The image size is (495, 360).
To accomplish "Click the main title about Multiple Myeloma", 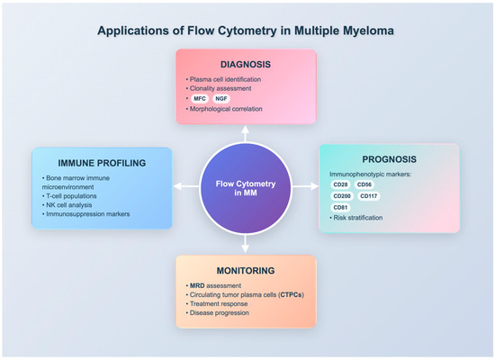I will pos(247,31).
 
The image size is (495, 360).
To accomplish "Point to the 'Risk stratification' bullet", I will pos(359,218).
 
